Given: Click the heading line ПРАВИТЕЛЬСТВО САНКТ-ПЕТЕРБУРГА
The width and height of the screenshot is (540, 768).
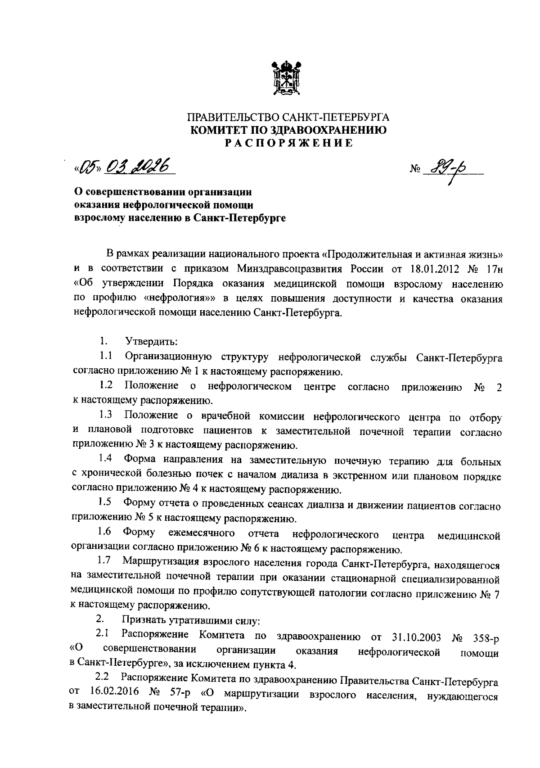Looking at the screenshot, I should [x=288, y=118].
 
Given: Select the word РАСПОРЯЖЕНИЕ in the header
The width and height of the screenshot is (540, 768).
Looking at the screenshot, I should [x=288, y=143].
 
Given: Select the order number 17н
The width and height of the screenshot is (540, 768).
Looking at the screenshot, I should [x=493, y=269].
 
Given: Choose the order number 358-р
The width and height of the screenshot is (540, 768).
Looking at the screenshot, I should [x=486, y=637].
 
